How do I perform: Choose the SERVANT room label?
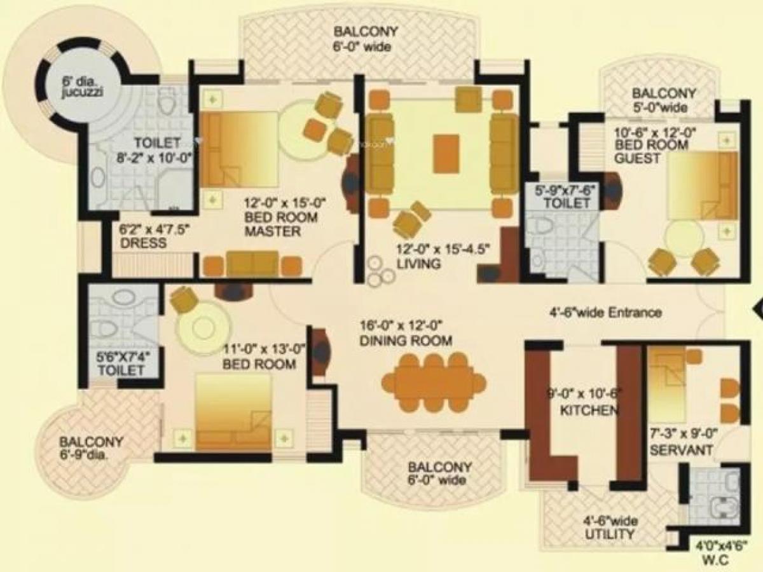pyautogui.click(x=680, y=450)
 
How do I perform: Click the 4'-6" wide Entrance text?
pyautogui.click(x=605, y=313)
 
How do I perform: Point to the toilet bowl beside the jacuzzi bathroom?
pyautogui.click(x=167, y=100)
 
